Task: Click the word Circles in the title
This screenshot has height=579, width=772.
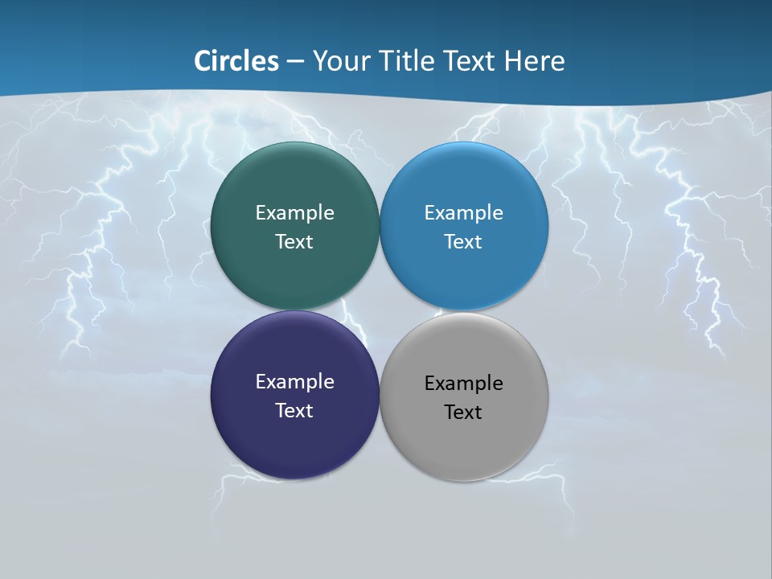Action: tap(236, 61)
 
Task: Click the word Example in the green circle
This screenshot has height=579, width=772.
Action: tap(294, 213)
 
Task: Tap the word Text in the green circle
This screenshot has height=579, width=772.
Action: tap(294, 242)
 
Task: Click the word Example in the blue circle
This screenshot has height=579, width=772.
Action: tap(463, 213)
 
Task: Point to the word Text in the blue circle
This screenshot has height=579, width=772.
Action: tap(463, 242)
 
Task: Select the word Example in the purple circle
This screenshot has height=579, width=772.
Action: tap(294, 382)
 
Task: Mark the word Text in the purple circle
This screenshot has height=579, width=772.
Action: tap(294, 411)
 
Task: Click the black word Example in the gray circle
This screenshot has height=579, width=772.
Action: tap(463, 384)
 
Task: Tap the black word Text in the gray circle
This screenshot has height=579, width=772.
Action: tap(463, 413)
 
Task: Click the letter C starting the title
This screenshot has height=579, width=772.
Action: tap(202, 61)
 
